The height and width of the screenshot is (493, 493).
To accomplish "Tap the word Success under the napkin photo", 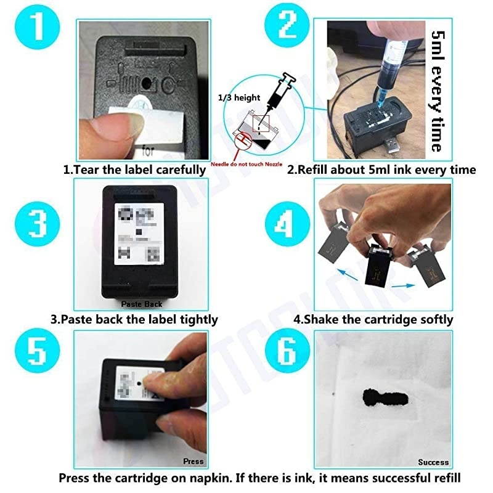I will [433, 462].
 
